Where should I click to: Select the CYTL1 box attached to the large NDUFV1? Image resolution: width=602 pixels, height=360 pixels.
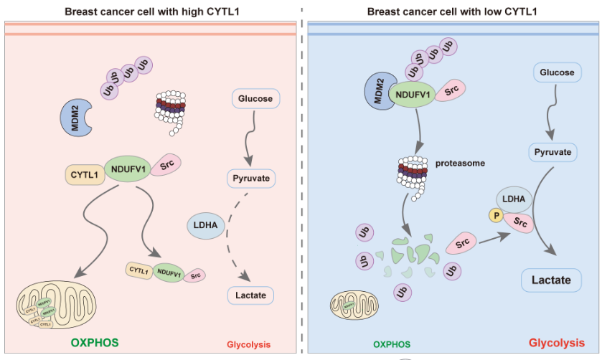[85, 173]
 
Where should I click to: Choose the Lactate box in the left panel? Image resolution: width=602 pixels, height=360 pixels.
[250, 294]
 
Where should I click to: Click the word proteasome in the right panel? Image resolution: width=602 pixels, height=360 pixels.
[460, 163]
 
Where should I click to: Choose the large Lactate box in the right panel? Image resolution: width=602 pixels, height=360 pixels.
[551, 280]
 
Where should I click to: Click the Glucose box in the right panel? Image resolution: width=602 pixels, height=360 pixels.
[556, 72]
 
